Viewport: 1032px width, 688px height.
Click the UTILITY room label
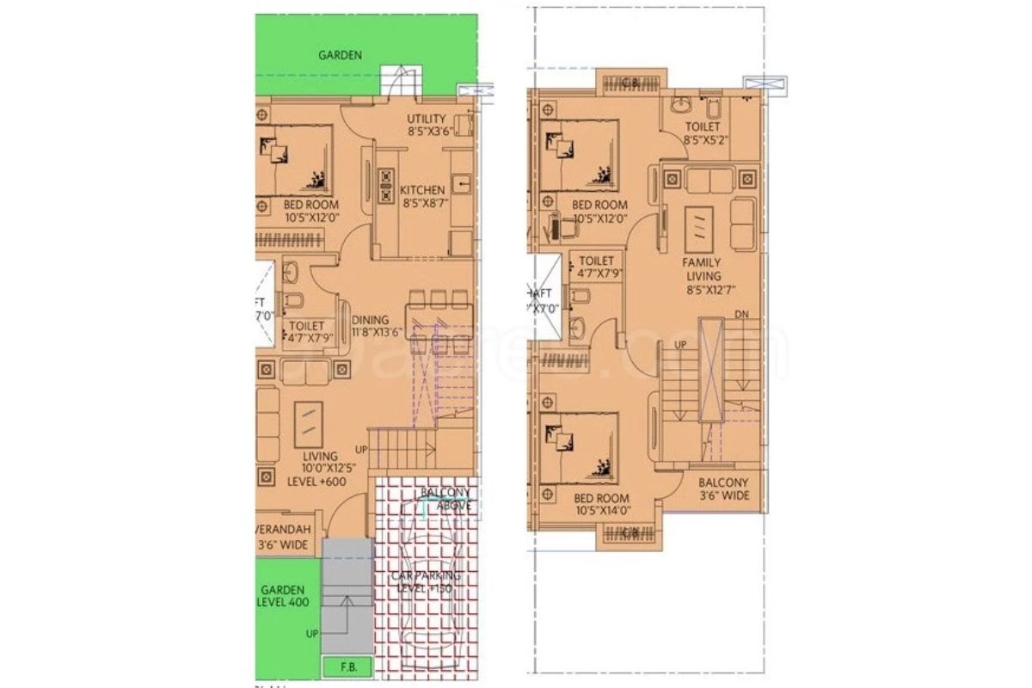[427, 119]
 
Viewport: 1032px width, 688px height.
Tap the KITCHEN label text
[423, 190]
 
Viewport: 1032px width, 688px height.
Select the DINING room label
[370, 320]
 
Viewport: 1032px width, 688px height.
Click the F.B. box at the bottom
[339, 665]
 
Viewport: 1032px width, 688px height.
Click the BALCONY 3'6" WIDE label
[722, 489]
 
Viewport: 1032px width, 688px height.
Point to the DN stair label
[741, 316]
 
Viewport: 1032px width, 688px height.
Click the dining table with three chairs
[439, 312]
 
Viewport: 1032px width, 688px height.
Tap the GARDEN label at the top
[340, 55]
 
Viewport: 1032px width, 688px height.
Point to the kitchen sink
[460, 183]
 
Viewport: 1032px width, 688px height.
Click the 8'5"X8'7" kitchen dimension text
[423, 205]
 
